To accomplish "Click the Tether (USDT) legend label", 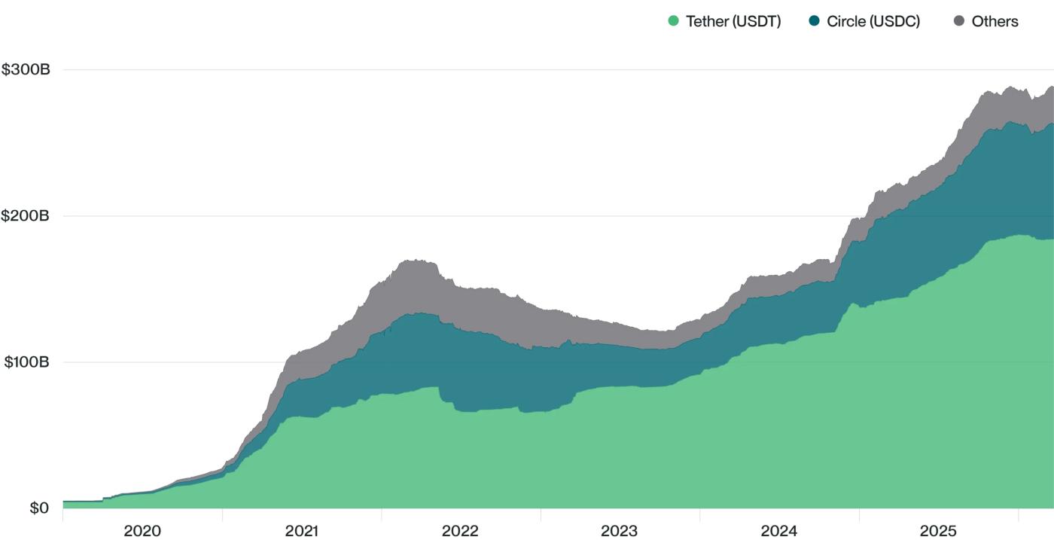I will (x=733, y=21).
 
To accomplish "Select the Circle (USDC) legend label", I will (x=873, y=21).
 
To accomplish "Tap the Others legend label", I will (x=995, y=21).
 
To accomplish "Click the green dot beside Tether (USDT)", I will (x=674, y=21).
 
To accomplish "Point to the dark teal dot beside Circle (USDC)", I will (x=814, y=21).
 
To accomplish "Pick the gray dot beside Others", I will (x=958, y=21).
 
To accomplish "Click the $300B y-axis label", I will (x=26, y=70).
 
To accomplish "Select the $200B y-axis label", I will (x=26, y=216).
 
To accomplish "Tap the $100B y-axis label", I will (x=26, y=362).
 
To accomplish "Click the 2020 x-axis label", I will (x=142, y=531).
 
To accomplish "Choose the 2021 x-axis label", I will (x=302, y=531).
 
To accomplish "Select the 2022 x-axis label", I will (x=460, y=531).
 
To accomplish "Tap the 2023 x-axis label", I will (x=620, y=531).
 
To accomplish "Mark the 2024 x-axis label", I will (x=779, y=531).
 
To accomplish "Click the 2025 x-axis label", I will (x=938, y=531).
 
